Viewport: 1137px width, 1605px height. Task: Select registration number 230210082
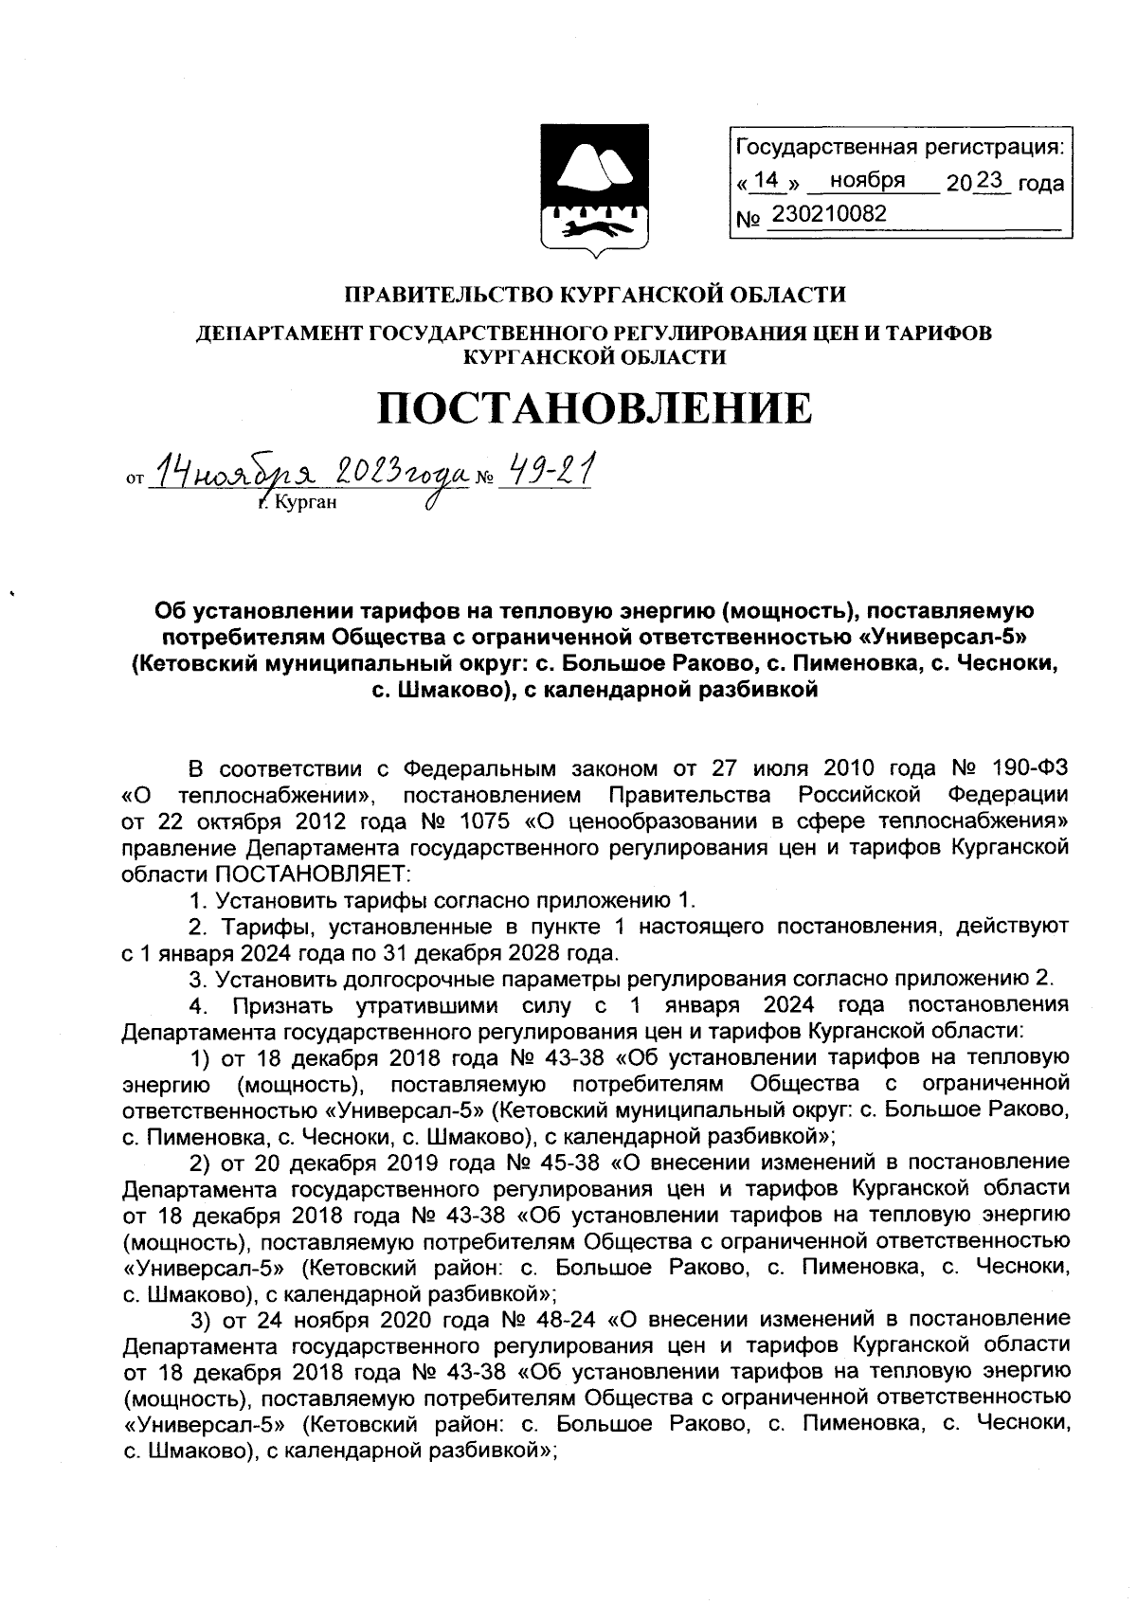tap(829, 214)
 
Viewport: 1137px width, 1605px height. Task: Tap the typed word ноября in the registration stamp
tap(866, 180)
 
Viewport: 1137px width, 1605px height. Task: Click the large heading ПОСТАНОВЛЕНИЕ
tap(595, 409)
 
